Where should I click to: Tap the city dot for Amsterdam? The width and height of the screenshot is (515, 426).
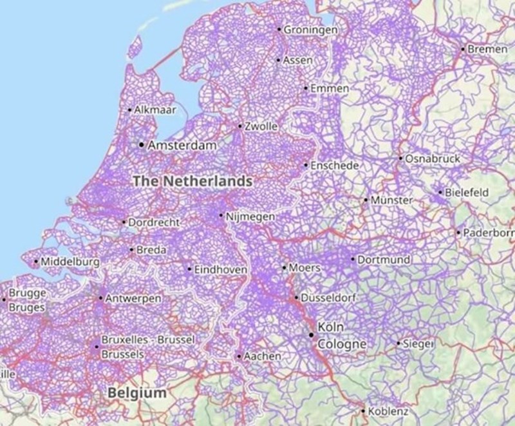tap(142, 144)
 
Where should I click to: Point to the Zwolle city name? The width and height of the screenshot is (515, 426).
tap(260, 126)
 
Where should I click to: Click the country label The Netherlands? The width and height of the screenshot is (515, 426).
tap(192, 181)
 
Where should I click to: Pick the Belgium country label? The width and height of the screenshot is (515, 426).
tap(137, 392)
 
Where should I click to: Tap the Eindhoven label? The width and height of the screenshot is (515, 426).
tap(220, 269)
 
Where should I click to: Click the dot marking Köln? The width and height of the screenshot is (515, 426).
tap(311, 334)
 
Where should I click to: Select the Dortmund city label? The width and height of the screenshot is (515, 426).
tap(384, 259)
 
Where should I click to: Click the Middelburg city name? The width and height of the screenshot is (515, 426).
tap(70, 262)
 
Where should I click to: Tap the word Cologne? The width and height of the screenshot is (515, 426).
tap(342, 344)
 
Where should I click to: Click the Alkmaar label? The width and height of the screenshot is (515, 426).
tap(154, 110)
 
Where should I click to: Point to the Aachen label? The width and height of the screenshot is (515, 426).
tap(262, 356)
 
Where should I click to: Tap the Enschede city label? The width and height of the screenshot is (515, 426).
tap(334, 166)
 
